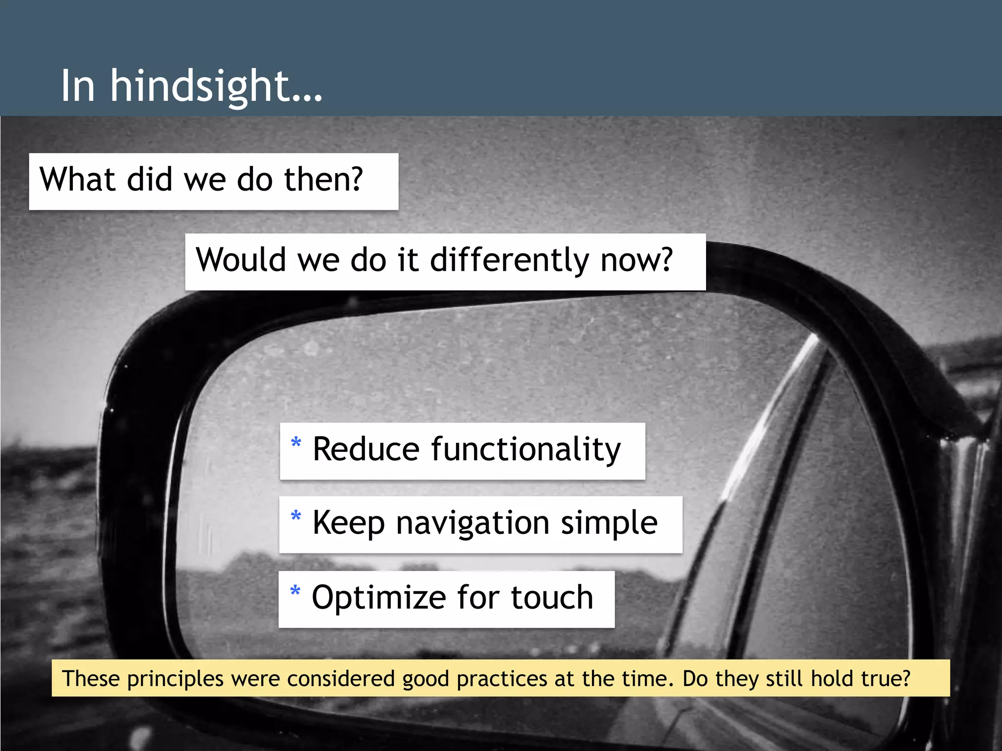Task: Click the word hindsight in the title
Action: [x=215, y=87]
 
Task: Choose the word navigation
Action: [x=473, y=523]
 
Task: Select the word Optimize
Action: [x=379, y=597]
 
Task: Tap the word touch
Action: [x=552, y=597]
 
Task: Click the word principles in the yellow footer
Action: [x=175, y=679]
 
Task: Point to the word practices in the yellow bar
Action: [x=501, y=679]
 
